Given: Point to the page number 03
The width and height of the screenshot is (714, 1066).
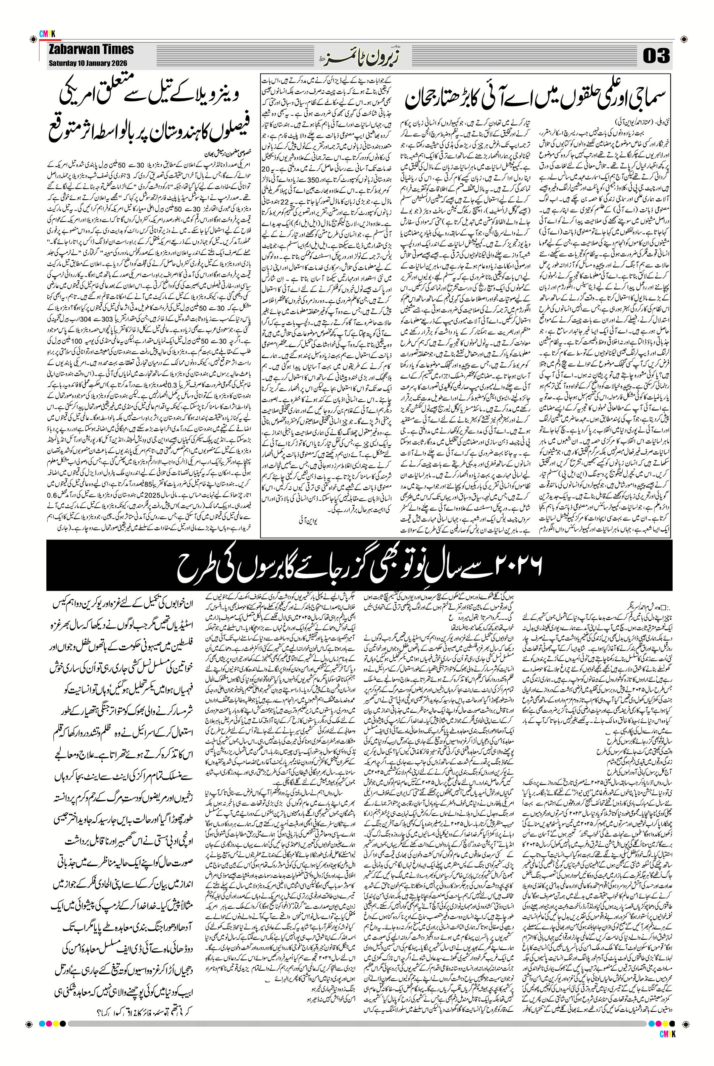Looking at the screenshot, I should click(x=656, y=56).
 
